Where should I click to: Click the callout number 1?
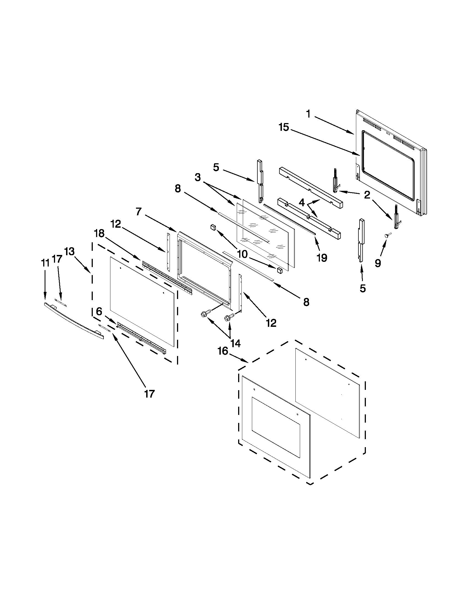(x=308, y=114)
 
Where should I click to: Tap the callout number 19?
(x=322, y=258)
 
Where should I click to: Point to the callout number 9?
(x=378, y=263)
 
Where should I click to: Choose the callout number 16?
(x=222, y=351)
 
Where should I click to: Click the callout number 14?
(x=235, y=344)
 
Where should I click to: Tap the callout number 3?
(x=197, y=177)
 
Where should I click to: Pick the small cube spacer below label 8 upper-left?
(x=213, y=227)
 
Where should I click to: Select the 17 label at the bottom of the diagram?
(x=149, y=394)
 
